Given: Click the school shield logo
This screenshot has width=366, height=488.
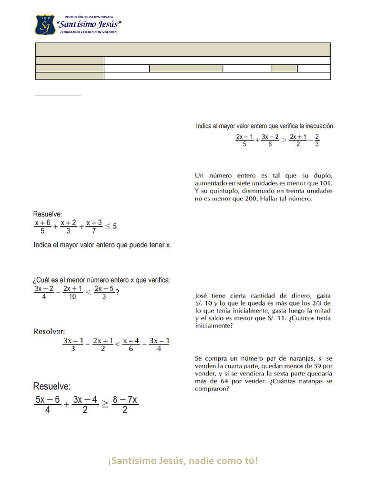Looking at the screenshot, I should pos(45,25).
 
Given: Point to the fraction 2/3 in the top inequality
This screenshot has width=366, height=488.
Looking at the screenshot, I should pos(317,140).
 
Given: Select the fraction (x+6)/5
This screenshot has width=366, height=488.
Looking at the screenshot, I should pos(43,226).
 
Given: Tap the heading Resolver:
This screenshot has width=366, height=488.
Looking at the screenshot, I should pos(49,330).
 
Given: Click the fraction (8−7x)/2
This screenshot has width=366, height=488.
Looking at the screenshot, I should pos(125,405).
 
